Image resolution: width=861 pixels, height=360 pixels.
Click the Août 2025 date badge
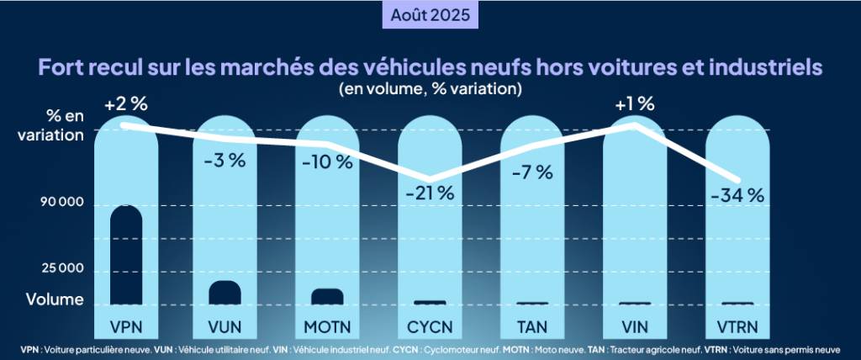coord(430,15)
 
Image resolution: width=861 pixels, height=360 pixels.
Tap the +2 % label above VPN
coord(126,105)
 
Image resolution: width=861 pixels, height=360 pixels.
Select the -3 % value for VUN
coord(225,161)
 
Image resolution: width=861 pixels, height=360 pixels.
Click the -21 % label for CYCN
coord(429,192)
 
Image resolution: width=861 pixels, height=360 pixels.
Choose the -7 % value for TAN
coord(531,172)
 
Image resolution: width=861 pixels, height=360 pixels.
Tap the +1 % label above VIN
coord(634,104)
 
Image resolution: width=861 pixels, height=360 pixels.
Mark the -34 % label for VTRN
coord(737,195)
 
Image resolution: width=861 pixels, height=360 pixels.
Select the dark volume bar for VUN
coord(225,292)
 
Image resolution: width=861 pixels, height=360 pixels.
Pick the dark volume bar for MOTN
coord(327,296)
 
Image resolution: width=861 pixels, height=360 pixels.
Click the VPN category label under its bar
coord(126,326)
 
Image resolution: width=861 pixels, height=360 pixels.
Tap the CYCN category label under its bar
coord(430,326)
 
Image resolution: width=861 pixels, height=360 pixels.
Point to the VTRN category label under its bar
coord(737,326)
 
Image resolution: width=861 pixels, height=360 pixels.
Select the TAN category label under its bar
coord(531,326)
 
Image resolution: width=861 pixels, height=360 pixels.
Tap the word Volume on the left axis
coord(54,299)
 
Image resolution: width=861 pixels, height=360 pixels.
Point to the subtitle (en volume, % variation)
coord(430,87)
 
